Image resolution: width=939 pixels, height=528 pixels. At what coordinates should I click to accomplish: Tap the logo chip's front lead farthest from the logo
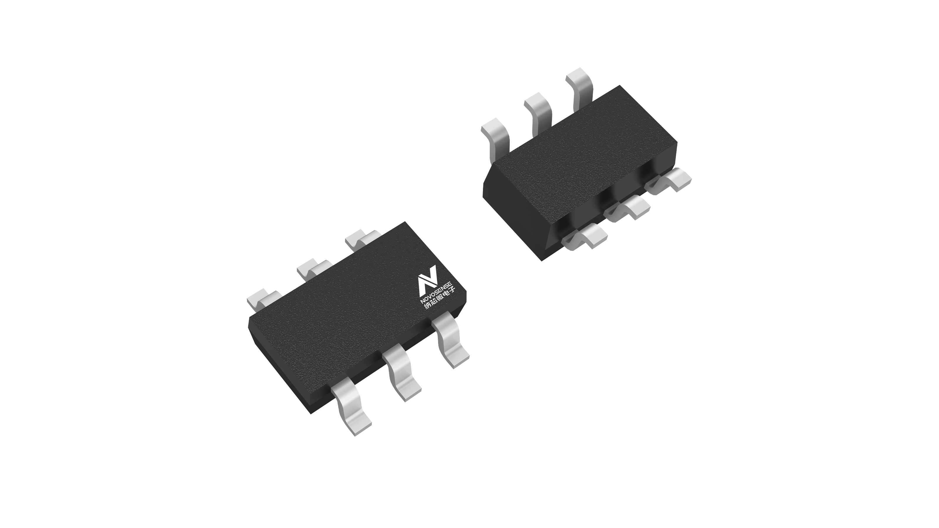[351, 405]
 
